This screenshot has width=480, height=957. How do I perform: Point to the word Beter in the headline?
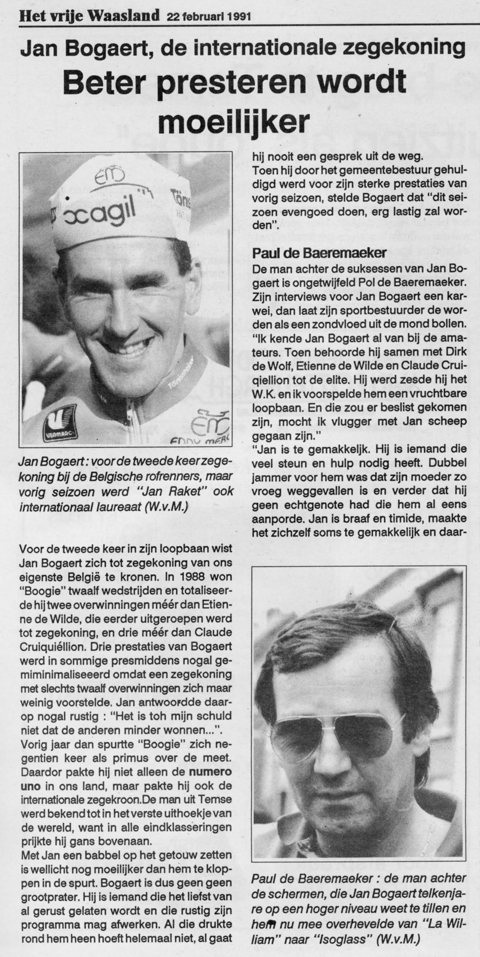point(102,83)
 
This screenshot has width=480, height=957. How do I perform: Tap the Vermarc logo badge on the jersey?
point(59,417)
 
